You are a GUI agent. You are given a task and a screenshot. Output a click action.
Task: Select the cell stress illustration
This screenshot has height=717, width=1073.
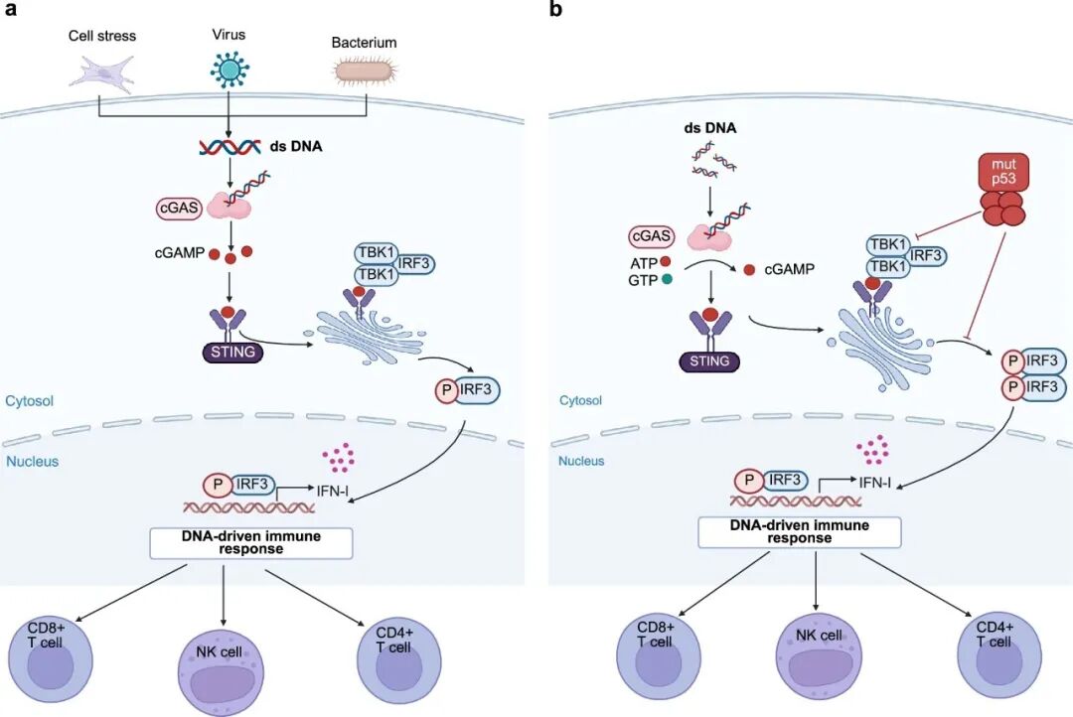click(x=103, y=71)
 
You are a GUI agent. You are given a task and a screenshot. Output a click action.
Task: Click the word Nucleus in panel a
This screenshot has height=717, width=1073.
click(x=32, y=462)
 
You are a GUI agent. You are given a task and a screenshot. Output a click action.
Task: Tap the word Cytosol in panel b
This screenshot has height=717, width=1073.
click(x=581, y=400)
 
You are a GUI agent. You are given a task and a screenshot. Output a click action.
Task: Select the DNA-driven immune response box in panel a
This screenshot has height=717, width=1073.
click(x=251, y=543)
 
